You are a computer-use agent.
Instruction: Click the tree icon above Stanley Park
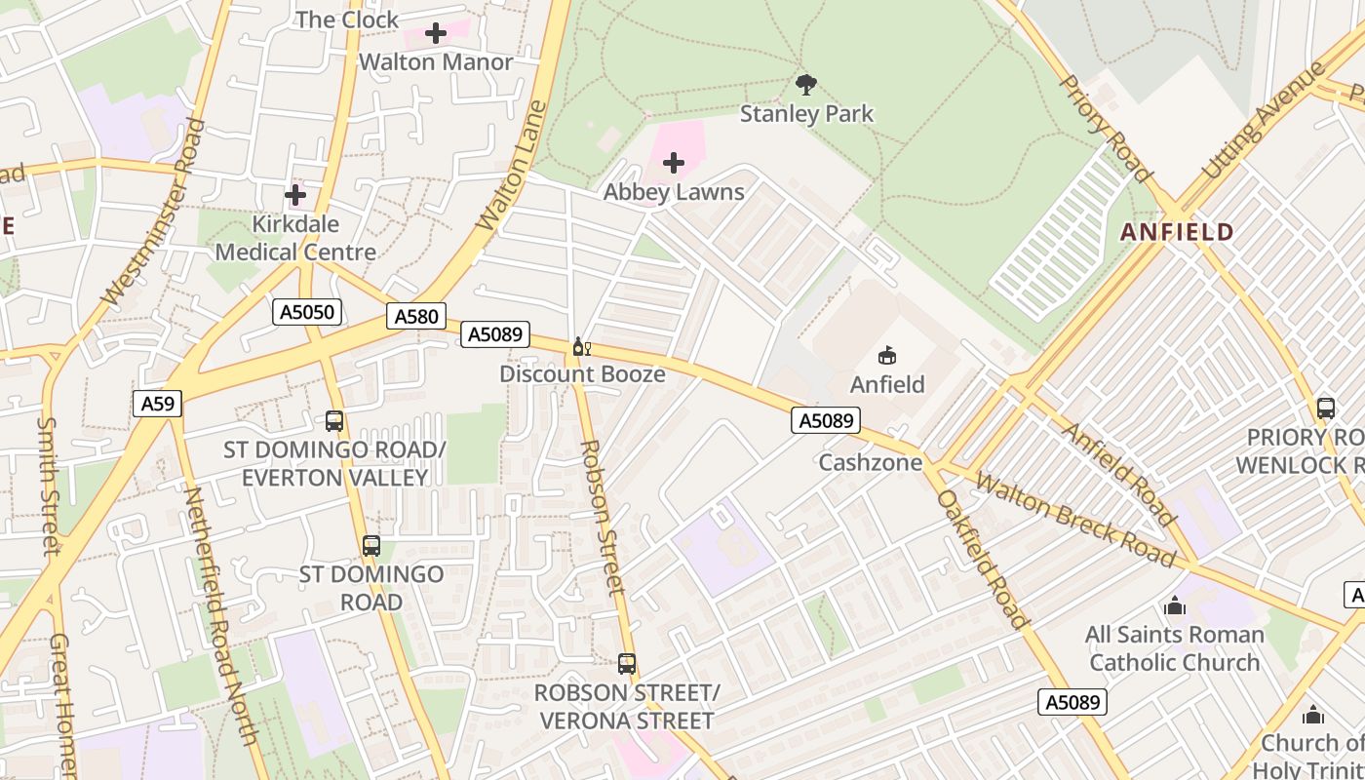tap(806, 85)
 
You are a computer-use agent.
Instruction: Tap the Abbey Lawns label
tap(674, 192)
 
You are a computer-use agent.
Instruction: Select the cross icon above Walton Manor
tap(436, 33)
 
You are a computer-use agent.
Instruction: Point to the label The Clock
tap(347, 19)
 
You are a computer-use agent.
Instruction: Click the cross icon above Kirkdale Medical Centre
tap(295, 195)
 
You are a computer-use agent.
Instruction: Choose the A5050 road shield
tap(307, 312)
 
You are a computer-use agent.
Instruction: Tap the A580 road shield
tap(416, 316)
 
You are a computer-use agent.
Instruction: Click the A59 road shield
tap(157, 404)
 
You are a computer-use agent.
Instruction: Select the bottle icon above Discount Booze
tap(581, 347)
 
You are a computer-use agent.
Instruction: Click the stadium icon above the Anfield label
tap(887, 356)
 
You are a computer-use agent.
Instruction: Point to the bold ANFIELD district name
tap(1177, 232)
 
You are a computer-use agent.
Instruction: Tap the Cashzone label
tap(870, 462)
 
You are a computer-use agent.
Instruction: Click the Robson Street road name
tap(601, 518)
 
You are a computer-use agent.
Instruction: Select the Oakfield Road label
tap(982, 559)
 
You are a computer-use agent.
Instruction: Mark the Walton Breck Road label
tap(1075, 519)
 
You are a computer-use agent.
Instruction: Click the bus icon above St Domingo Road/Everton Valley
tap(334, 421)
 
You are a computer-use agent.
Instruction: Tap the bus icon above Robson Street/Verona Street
tap(627, 664)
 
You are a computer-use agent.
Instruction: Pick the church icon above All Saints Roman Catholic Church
tap(1175, 606)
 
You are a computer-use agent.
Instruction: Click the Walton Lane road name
tap(508, 166)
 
